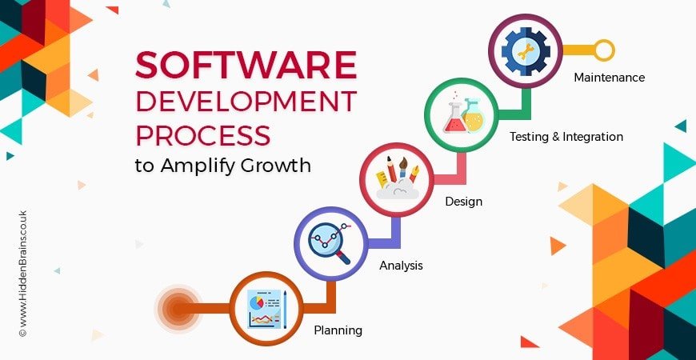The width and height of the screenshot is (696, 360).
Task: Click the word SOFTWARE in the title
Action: (x=246, y=66)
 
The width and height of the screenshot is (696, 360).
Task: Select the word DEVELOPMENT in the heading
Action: (x=246, y=102)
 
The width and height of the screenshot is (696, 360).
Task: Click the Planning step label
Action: (x=338, y=330)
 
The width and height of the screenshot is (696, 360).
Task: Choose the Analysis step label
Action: (x=401, y=266)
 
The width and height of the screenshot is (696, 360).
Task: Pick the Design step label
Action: (x=463, y=202)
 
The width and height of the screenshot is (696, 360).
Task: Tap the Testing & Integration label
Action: (x=566, y=136)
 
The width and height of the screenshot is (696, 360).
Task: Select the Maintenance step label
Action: (x=609, y=78)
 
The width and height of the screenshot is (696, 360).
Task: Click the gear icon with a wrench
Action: (x=526, y=50)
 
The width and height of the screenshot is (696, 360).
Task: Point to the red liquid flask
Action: (x=454, y=118)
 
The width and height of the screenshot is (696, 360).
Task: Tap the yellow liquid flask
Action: (x=473, y=115)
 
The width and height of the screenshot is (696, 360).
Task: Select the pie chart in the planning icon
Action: (x=257, y=302)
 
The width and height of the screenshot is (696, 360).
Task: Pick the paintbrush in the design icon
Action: (x=402, y=167)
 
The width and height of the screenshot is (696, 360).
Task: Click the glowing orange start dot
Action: (x=178, y=308)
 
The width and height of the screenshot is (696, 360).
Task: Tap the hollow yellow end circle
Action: (x=604, y=50)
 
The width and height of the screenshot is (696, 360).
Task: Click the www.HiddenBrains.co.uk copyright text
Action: (x=23, y=274)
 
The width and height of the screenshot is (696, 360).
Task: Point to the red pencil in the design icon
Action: (x=391, y=169)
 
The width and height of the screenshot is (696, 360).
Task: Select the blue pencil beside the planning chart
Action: (x=285, y=310)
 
